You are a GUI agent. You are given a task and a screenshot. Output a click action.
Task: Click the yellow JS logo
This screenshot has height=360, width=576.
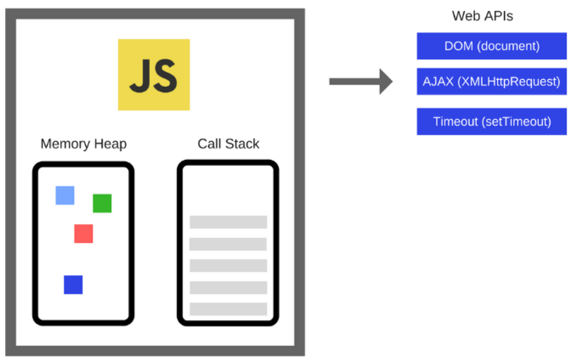[x=154, y=75]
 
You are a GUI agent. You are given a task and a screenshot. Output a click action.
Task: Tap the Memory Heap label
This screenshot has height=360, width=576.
[x=84, y=143]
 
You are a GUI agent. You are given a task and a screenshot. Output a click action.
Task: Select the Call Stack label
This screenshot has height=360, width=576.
[x=228, y=143]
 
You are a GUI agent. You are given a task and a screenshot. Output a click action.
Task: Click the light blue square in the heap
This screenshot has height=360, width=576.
[x=65, y=195]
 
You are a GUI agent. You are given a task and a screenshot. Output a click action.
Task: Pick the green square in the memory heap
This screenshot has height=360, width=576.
[x=102, y=203]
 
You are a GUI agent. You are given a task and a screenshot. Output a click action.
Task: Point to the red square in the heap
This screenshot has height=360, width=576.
[x=84, y=233]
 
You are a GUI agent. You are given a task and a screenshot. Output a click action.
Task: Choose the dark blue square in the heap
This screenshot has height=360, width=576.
[x=73, y=285]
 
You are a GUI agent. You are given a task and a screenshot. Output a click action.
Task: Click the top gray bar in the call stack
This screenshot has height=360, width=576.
[x=228, y=222]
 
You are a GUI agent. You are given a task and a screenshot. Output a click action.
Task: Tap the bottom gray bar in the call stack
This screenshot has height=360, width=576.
[x=228, y=309]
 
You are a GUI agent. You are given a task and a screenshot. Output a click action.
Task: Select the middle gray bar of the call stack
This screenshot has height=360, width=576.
[x=228, y=265]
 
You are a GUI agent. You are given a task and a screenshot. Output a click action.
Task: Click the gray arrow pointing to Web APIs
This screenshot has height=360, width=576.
[x=361, y=82]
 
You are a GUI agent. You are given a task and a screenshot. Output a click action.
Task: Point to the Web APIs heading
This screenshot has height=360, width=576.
[x=482, y=16]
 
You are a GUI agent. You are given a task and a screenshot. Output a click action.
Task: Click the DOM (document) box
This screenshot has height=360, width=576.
[x=492, y=46]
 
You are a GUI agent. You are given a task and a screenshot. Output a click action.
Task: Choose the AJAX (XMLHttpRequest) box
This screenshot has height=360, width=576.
[x=492, y=82]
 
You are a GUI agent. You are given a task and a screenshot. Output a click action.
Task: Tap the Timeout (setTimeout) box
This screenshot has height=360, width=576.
[x=492, y=122]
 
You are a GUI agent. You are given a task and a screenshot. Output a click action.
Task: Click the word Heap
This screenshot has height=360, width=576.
[x=110, y=144]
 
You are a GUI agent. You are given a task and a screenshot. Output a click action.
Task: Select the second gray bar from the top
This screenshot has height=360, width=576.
[x=228, y=244]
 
